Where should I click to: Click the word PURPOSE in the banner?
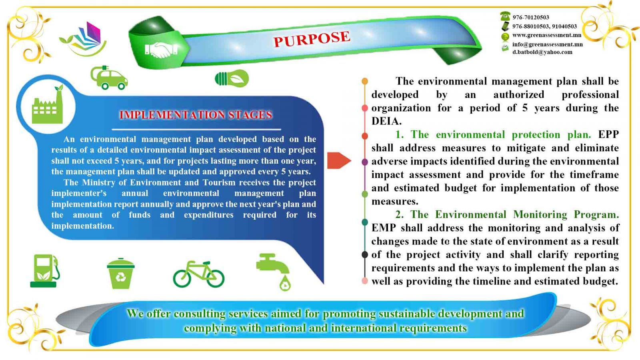point(312,39)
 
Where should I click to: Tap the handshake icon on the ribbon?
point(161,50)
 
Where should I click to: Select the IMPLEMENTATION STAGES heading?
point(196,115)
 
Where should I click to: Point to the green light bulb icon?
point(232,78)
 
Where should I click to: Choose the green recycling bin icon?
point(120,274)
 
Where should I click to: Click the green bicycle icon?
point(198,274)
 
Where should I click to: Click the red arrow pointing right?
point(338,160)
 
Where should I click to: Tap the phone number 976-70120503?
point(531,17)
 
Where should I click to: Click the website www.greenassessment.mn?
point(547,35)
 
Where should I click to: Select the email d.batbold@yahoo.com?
point(542,52)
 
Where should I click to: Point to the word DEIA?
point(386,121)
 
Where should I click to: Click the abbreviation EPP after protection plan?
point(608,134)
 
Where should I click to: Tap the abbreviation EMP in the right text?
point(383,228)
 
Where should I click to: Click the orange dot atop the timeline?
point(365,81)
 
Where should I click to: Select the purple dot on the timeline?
point(365,162)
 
